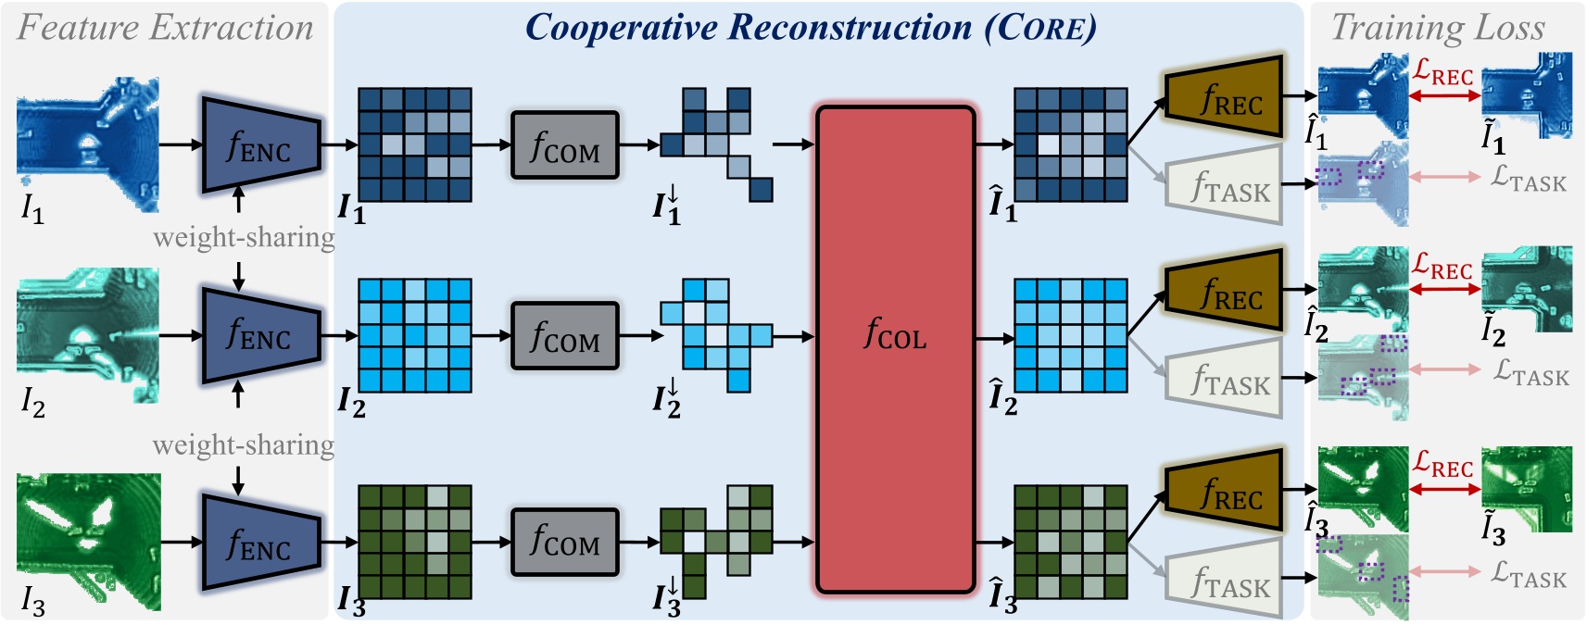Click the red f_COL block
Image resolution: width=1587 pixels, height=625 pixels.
click(895, 349)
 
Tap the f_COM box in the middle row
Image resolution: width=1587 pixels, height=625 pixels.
click(564, 335)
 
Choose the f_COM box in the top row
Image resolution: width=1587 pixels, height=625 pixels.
click(564, 145)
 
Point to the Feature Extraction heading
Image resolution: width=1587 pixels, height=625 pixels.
click(165, 28)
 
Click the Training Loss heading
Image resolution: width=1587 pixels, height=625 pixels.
click(1438, 28)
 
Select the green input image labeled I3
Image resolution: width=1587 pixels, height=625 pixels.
click(88, 541)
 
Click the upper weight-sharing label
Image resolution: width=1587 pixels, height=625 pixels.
click(244, 238)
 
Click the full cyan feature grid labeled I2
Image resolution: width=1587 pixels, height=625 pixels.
click(414, 335)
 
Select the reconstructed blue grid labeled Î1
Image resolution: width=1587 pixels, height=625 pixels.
click(1070, 145)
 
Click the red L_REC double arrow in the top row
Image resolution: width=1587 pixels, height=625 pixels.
click(1444, 95)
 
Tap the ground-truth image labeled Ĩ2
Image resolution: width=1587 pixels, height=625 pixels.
click(1526, 288)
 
